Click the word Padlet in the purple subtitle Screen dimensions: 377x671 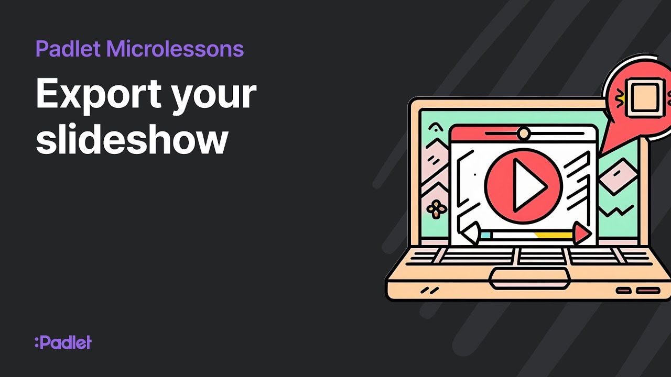point(68,49)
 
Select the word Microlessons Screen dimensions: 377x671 point(175,49)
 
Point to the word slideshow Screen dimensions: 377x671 point(132,139)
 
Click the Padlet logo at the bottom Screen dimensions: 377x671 point(63,343)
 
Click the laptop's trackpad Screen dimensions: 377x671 point(529,277)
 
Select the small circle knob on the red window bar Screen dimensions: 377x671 point(523,134)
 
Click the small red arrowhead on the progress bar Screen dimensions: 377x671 point(581,234)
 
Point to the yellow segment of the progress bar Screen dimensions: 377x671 point(553,236)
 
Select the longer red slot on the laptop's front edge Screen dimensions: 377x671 point(648,290)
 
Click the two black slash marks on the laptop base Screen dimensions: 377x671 point(430,290)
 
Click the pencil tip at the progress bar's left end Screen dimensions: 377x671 point(470,233)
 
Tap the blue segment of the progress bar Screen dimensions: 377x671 point(485,236)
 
